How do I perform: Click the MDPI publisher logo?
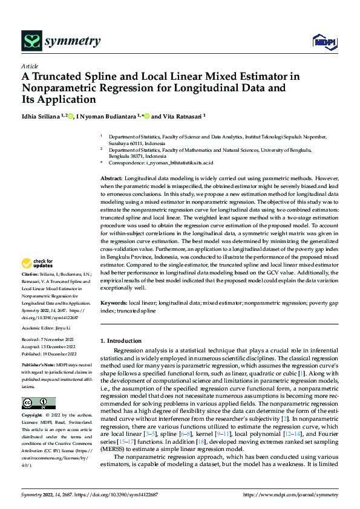(322, 41)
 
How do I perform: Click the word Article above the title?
(30, 66)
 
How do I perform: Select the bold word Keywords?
(113, 302)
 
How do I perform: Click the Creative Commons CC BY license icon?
(38, 403)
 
